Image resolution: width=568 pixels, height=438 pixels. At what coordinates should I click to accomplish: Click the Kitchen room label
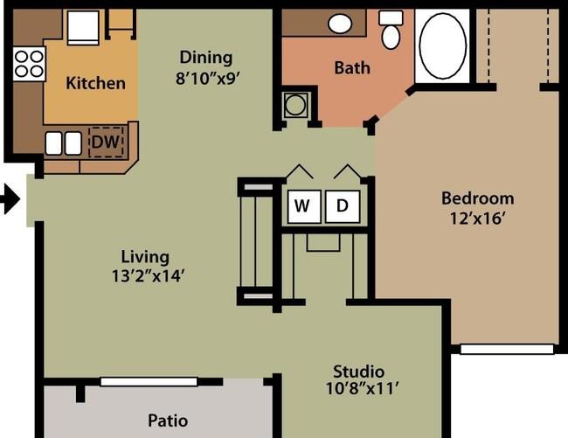click(x=95, y=83)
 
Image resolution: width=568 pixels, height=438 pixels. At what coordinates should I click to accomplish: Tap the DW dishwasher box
click(x=106, y=142)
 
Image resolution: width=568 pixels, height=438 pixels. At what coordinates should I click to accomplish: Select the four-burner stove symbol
click(x=29, y=64)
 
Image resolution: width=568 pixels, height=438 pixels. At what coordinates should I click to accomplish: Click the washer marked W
click(x=304, y=206)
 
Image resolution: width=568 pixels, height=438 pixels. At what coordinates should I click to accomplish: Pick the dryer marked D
click(x=343, y=206)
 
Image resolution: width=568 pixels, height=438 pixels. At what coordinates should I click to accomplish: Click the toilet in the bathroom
click(x=391, y=30)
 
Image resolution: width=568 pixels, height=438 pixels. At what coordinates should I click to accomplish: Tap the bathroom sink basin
click(x=340, y=24)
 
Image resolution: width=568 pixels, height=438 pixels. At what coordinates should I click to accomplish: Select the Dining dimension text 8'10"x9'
click(x=208, y=79)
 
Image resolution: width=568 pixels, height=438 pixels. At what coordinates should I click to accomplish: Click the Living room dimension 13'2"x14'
click(x=149, y=276)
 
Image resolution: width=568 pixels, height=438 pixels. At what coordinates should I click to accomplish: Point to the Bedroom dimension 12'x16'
click(x=477, y=219)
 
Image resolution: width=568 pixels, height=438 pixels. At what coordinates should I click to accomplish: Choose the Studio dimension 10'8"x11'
click(x=362, y=389)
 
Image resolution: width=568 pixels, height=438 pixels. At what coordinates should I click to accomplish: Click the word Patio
click(x=168, y=421)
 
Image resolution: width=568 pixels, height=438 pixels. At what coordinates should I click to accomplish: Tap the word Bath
click(x=352, y=68)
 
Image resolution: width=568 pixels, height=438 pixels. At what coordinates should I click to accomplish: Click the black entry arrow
click(x=10, y=199)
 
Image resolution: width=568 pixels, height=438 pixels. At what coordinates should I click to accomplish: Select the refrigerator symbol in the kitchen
click(x=83, y=28)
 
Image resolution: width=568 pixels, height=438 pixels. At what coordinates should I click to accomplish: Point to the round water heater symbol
click(x=295, y=106)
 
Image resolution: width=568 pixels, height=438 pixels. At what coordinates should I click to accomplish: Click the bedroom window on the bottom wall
click(x=507, y=349)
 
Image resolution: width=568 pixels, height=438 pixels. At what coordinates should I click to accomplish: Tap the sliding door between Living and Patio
click(x=149, y=382)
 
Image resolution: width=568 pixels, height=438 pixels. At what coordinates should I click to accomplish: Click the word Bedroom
click(x=477, y=198)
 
